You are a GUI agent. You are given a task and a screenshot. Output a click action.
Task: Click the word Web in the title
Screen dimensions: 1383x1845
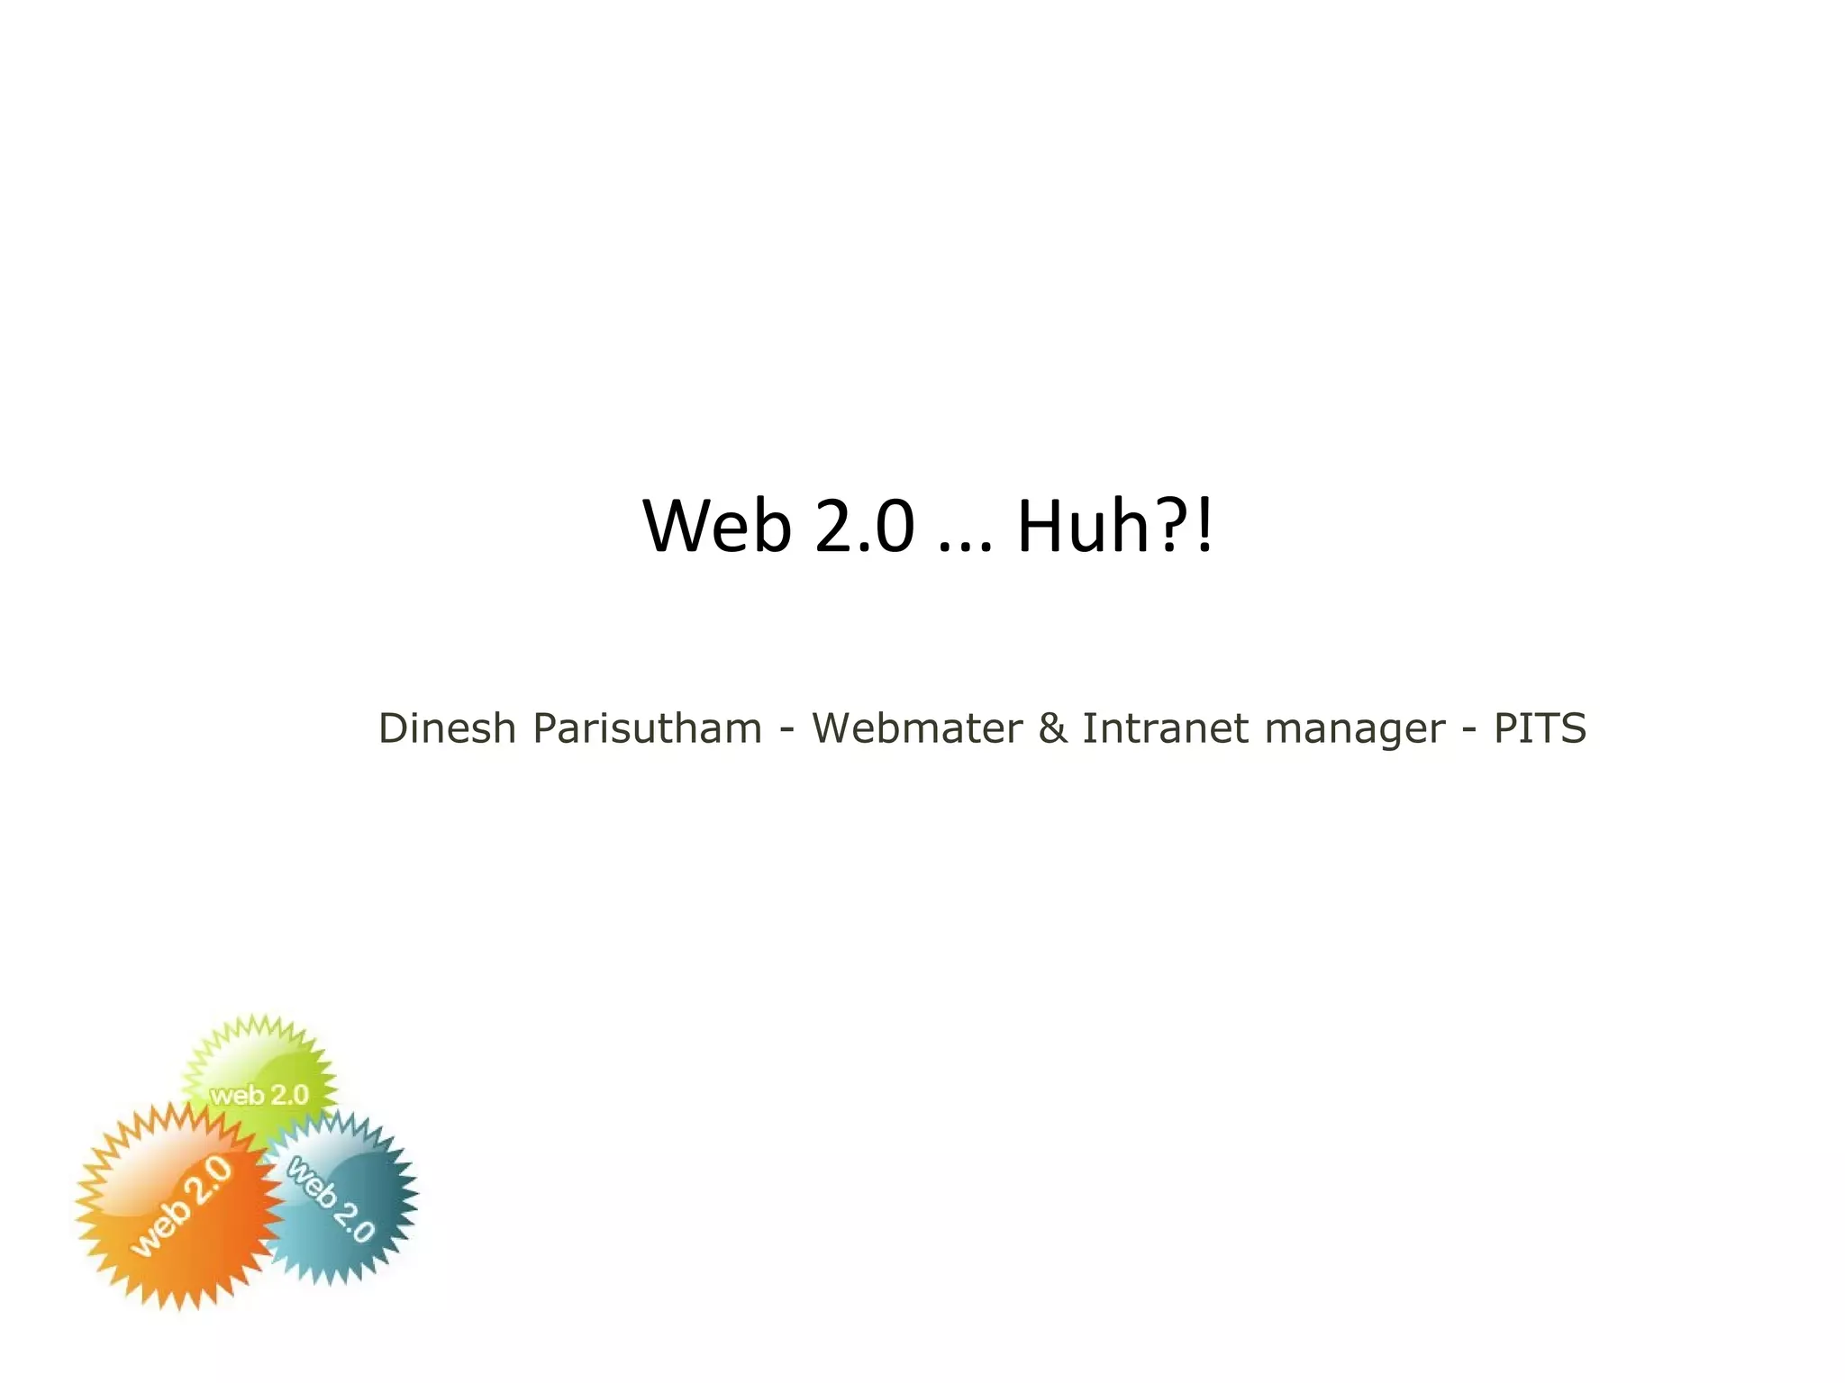coord(717,526)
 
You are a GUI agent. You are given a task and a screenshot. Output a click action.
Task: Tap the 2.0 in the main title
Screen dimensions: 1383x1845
coord(865,526)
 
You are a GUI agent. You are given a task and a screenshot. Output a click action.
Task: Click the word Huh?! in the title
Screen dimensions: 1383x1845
coord(1115,526)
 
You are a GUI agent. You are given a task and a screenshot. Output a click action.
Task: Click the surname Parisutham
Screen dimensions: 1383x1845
coord(647,729)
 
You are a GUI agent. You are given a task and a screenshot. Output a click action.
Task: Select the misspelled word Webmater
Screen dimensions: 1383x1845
coord(916,728)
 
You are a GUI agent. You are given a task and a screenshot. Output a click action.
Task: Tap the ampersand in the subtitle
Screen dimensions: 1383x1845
coord(1051,728)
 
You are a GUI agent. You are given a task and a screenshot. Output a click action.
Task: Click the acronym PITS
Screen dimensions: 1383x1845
coord(1540,728)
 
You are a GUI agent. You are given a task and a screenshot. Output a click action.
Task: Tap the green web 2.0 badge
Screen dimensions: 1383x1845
coord(259,1062)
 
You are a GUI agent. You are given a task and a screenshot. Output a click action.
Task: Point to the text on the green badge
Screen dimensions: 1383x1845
coord(259,1095)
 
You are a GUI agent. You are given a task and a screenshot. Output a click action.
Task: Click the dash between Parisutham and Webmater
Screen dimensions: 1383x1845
coord(786,729)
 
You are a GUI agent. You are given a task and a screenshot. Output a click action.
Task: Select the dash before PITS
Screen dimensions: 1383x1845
coord(1469,729)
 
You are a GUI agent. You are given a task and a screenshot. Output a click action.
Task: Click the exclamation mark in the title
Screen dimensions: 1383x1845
coord(1205,526)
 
